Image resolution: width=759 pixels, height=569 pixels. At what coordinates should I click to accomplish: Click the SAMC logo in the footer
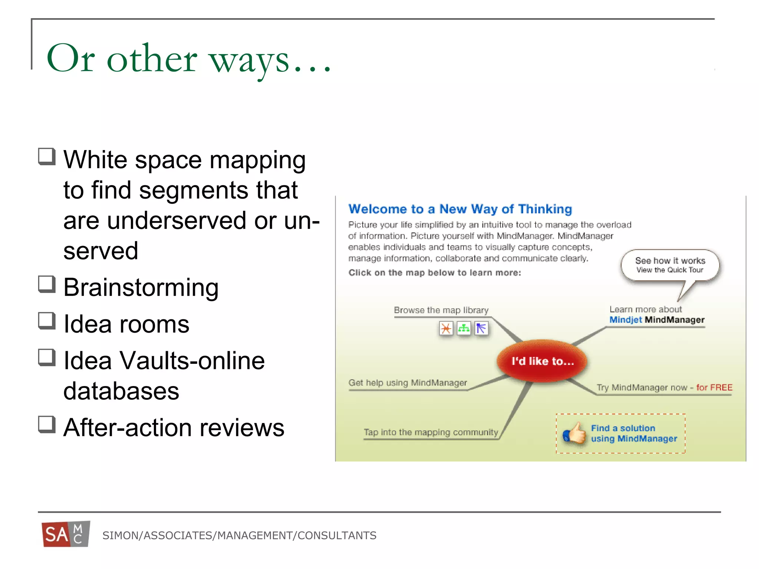click(x=66, y=534)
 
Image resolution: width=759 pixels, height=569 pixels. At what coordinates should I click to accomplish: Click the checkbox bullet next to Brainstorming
click(x=47, y=284)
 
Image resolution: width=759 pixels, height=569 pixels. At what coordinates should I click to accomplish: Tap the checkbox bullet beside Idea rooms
click(x=47, y=321)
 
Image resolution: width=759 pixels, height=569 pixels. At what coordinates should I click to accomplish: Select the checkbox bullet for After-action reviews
click(x=47, y=425)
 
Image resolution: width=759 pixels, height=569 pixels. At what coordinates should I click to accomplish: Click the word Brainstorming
click(x=141, y=287)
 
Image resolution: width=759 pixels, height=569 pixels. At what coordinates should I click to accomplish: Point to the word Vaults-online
click(x=192, y=360)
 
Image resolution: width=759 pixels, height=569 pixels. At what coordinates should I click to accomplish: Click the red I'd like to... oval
click(x=542, y=361)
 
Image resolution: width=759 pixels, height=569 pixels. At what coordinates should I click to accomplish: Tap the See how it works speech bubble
click(x=670, y=265)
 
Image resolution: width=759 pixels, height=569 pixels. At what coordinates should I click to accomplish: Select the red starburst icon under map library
click(x=446, y=328)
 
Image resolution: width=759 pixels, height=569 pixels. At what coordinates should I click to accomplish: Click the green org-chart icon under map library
click(x=464, y=328)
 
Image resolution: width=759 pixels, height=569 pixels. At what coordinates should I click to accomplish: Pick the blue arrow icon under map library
click(x=481, y=328)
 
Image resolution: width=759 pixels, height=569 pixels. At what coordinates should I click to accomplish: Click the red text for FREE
click(x=714, y=387)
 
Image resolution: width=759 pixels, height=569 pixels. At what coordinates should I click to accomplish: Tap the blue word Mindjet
click(x=626, y=320)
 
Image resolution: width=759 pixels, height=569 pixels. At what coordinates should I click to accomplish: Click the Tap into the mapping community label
click(x=431, y=432)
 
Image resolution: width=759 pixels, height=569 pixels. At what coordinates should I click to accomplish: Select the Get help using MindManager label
click(x=407, y=383)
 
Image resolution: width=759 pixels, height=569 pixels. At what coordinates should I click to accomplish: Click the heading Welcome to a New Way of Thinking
click(x=460, y=209)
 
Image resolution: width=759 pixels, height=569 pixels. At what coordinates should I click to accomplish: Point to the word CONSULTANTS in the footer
click(x=337, y=535)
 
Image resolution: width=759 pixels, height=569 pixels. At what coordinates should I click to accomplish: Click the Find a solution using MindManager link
click(x=633, y=433)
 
